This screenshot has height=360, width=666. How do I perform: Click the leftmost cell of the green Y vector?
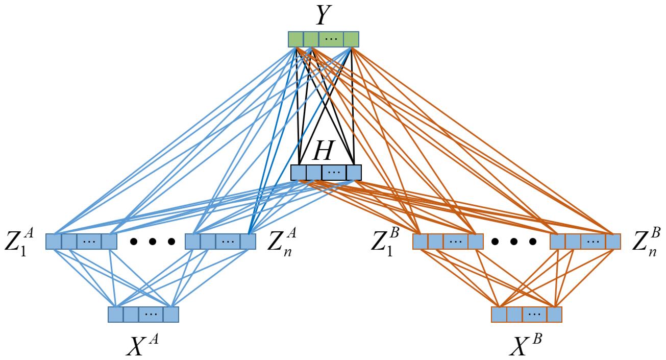tap(296, 39)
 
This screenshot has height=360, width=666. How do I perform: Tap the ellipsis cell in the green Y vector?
tap(331, 39)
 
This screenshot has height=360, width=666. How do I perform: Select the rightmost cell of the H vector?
tap(353, 173)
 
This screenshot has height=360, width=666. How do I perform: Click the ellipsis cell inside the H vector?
tap(334, 173)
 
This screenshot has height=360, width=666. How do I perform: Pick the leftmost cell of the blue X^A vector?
tap(116, 314)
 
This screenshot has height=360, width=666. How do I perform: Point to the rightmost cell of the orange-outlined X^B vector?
tap(554, 314)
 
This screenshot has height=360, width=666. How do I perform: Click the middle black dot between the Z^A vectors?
tap(152, 241)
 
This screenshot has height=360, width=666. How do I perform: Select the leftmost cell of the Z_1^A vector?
tap(54, 241)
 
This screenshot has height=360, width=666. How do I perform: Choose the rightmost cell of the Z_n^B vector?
tap(613, 241)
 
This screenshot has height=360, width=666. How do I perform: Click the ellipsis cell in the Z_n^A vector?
tap(228, 241)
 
